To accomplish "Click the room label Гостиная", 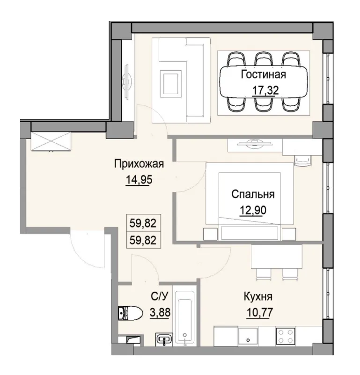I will pos(263,74).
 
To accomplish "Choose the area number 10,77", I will pos(258,311).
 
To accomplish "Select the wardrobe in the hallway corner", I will pos(51,141).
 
